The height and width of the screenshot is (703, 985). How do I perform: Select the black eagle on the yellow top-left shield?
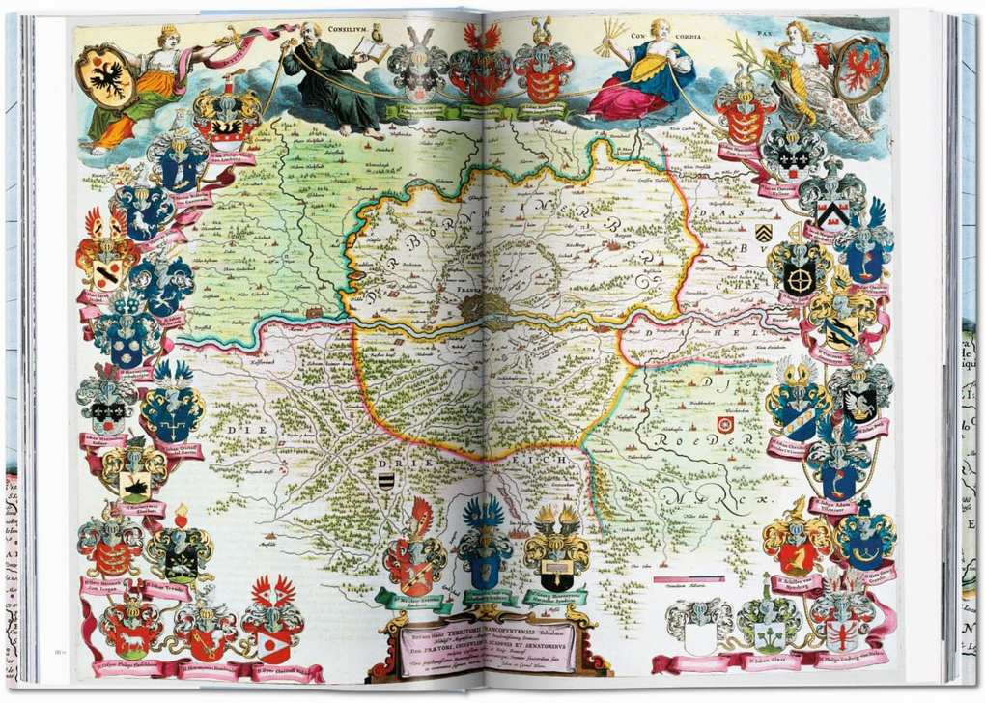pos(105,76)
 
